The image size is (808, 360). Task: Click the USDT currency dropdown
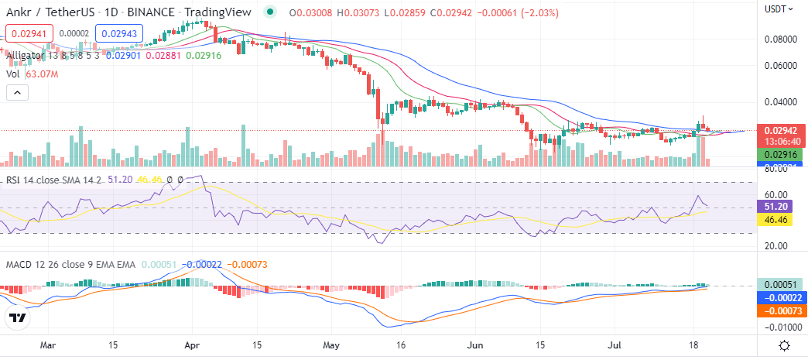click(x=778, y=9)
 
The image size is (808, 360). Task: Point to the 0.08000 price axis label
click(x=781, y=39)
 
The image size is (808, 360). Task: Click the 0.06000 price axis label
click(x=781, y=66)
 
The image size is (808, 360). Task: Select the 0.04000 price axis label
click(x=781, y=101)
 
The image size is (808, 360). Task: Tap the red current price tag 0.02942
click(x=779, y=130)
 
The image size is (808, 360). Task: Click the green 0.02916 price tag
click(x=779, y=155)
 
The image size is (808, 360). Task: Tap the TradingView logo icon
click(x=19, y=317)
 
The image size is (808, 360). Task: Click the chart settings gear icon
click(x=784, y=345)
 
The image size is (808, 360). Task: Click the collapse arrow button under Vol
click(x=17, y=93)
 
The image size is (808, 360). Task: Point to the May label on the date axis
click(x=332, y=345)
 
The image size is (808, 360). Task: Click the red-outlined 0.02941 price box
click(x=29, y=33)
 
